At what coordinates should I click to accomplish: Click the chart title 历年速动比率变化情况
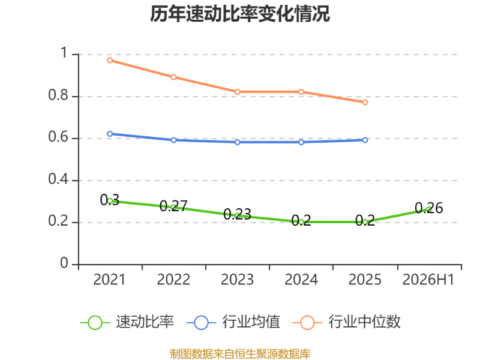tap(239, 14)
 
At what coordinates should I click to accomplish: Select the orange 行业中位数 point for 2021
tap(110, 61)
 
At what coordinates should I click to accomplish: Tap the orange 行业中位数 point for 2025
tap(365, 102)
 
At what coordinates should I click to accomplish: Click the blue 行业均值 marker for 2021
tap(110, 134)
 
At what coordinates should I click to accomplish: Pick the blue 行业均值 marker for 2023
tap(237, 142)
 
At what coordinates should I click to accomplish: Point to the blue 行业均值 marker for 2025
tap(365, 140)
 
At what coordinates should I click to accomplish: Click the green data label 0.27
tap(173, 206)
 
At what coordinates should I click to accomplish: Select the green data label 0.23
tap(237, 214)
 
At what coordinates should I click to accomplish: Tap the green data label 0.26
tap(428, 208)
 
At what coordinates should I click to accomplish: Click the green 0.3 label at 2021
tap(110, 200)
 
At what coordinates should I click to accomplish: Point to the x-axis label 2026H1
tap(428, 280)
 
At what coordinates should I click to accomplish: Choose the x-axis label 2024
tap(301, 280)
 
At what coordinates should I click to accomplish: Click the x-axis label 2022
tap(173, 280)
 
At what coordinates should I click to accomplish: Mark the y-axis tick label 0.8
tap(58, 95)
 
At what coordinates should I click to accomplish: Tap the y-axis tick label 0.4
tap(58, 179)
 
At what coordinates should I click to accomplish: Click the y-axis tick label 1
tap(64, 53)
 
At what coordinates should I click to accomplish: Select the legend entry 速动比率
tap(127, 322)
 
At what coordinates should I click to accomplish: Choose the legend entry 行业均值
tap(233, 322)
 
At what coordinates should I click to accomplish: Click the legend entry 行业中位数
tap(347, 322)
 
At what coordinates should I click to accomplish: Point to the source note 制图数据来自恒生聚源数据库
tap(240, 354)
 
